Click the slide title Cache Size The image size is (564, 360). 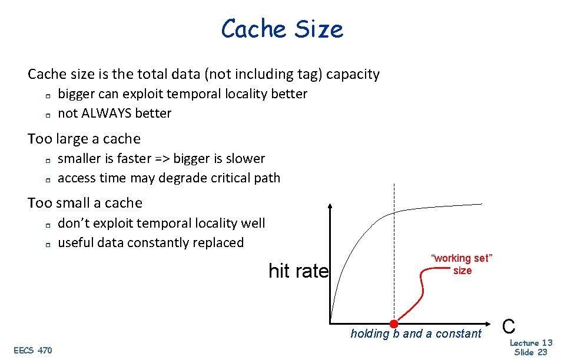pyautogui.click(x=281, y=29)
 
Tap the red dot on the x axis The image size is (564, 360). pyautogui.click(x=394, y=323)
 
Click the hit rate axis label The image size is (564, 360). pyautogui.click(x=298, y=271)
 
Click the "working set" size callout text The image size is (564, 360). pyautogui.click(x=462, y=264)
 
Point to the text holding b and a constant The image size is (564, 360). pyautogui.click(x=416, y=334)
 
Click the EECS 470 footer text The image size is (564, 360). pyautogui.click(x=32, y=351)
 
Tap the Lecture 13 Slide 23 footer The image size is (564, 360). pyautogui.click(x=530, y=347)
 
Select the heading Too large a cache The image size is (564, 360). pyautogui.click(x=84, y=139)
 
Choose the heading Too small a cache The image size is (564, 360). pyautogui.click(x=85, y=203)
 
